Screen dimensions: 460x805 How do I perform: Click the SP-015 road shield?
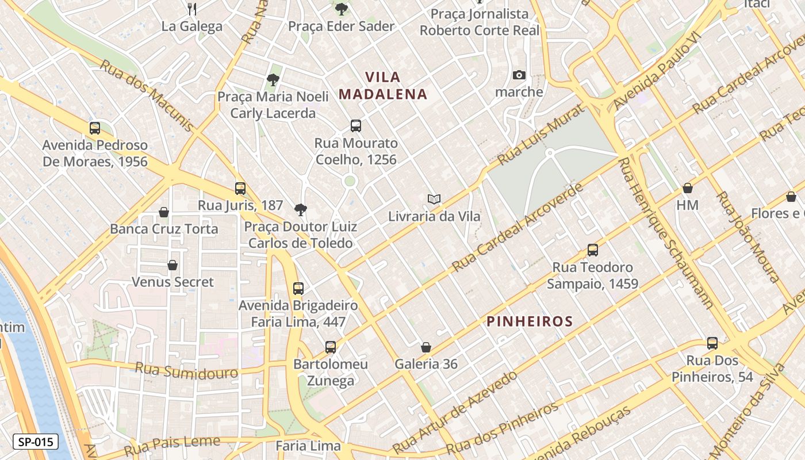[35, 442]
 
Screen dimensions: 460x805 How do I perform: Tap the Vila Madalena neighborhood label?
[383, 85]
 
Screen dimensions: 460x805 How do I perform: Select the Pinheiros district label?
[530, 321]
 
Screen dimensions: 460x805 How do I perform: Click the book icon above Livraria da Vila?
[434, 199]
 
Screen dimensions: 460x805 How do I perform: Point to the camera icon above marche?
[519, 75]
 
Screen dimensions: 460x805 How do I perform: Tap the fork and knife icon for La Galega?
[192, 9]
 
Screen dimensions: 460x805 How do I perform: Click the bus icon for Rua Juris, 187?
[240, 188]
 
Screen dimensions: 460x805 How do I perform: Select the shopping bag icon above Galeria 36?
[426, 347]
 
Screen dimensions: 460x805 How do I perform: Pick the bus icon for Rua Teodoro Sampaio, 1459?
[593, 250]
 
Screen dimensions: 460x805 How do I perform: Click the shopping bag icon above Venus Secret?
[172, 265]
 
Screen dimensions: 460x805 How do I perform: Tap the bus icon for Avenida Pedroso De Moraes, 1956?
[95, 128]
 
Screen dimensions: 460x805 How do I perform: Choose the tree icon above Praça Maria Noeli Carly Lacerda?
[273, 80]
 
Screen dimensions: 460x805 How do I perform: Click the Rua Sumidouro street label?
[186, 371]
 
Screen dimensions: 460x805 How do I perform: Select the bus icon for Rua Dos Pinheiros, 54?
[712, 343]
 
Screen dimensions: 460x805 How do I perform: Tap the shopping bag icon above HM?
[687, 188]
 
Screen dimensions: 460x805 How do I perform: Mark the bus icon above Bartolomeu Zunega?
[330, 347]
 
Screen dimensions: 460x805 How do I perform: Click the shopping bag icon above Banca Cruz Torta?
[164, 212]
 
